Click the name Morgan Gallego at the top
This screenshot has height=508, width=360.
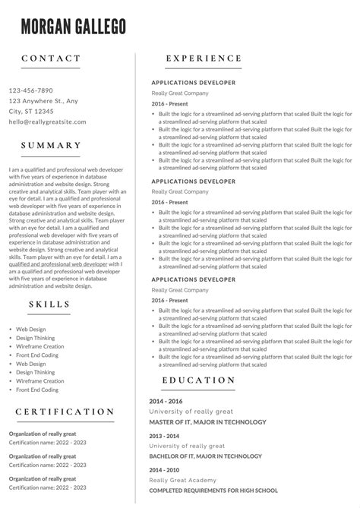(x=74, y=27)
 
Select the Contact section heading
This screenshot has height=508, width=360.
(x=51, y=58)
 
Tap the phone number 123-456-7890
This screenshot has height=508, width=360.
(x=31, y=90)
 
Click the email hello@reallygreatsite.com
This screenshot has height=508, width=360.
(x=48, y=121)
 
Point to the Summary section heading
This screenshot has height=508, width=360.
(x=52, y=145)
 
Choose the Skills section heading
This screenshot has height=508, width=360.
(x=49, y=304)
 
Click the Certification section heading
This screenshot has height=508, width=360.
(x=65, y=412)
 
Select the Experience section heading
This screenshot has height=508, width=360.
(x=204, y=58)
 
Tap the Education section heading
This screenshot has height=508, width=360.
(x=199, y=380)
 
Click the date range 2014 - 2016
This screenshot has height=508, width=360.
(x=166, y=401)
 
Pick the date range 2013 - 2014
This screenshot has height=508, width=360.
(x=166, y=436)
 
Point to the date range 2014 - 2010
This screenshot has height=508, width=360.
(x=166, y=470)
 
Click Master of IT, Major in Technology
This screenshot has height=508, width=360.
(x=207, y=421)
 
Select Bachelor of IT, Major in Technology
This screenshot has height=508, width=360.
(x=205, y=456)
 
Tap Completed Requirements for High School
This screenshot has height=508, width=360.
(x=213, y=491)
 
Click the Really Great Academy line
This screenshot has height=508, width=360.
(x=183, y=480)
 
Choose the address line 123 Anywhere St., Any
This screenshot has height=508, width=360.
(x=43, y=100)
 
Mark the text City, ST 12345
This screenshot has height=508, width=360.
(x=31, y=111)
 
